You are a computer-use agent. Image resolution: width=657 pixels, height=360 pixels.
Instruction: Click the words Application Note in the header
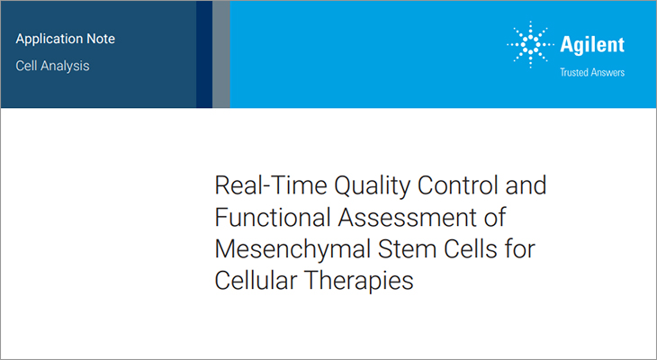click(66, 40)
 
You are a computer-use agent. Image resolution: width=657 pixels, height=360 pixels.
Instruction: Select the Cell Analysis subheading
click(52, 66)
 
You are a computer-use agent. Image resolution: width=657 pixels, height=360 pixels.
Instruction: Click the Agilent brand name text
click(591, 45)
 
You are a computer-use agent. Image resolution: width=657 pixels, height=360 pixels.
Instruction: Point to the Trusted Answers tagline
click(591, 72)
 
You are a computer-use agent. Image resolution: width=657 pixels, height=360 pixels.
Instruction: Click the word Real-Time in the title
click(256, 187)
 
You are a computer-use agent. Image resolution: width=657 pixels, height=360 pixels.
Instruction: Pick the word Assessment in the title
click(392, 218)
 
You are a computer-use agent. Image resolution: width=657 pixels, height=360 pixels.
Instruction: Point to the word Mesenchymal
click(285, 248)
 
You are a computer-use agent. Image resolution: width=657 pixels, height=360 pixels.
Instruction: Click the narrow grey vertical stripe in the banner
click(221, 54)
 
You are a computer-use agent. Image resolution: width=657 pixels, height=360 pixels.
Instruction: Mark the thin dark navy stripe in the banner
click(204, 54)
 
